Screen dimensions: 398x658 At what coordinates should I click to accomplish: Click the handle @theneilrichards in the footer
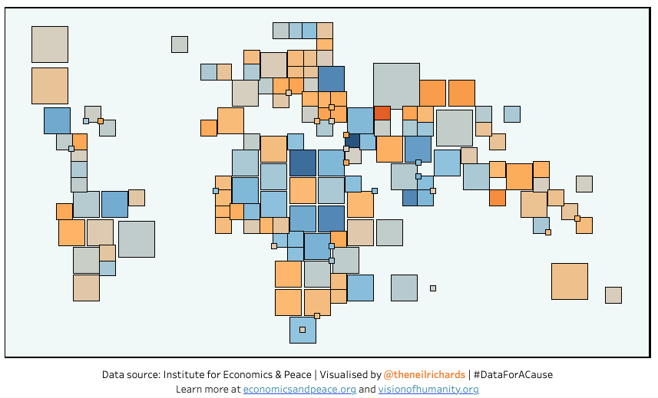(x=424, y=375)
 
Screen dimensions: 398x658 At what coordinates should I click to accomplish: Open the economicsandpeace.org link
(x=299, y=390)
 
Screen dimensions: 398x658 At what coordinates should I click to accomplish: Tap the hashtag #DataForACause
(x=513, y=375)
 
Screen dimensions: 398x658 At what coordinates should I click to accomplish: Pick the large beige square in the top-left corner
(x=50, y=44)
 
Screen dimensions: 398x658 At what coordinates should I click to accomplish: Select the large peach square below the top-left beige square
(x=50, y=86)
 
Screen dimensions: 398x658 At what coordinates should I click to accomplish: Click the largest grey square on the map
(x=396, y=84)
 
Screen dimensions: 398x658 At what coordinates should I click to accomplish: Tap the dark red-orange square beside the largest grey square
(x=382, y=113)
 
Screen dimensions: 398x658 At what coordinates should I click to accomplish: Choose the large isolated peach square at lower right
(x=569, y=281)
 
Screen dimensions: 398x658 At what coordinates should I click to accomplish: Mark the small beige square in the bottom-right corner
(x=613, y=295)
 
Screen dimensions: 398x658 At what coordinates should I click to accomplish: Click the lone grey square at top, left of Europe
(x=180, y=44)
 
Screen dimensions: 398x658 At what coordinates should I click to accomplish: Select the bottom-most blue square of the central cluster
(x=303, y=330)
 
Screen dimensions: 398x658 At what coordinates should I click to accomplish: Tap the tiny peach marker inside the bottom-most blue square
(x=303, y=330)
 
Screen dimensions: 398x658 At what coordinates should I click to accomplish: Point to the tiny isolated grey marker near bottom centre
(x=433, y=288)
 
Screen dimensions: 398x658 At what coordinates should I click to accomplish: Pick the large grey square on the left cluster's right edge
(x=136, y=239)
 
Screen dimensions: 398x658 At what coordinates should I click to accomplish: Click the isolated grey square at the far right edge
(x=584, y=184)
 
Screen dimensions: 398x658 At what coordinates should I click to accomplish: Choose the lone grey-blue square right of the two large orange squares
(x=512, y=114)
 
